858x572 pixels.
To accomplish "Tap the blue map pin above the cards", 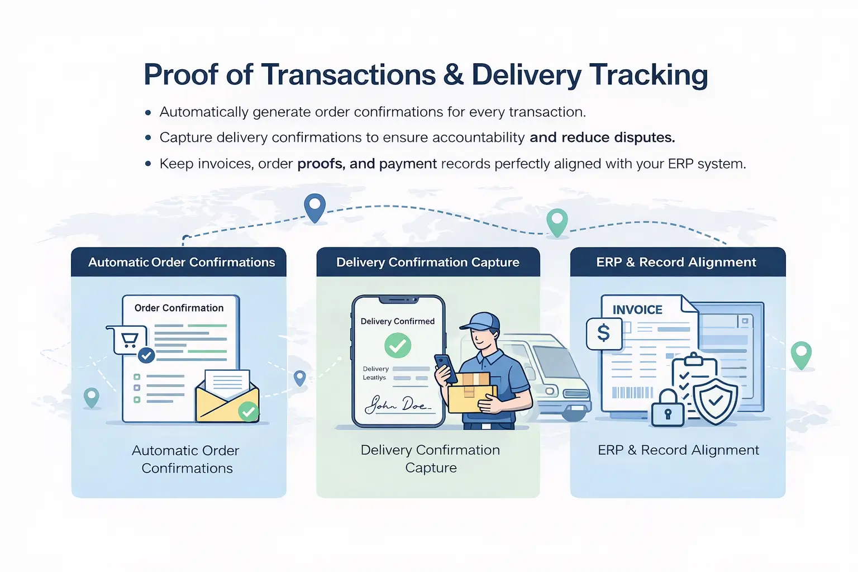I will pos(315,207).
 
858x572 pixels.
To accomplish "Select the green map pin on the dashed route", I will pos(557,221).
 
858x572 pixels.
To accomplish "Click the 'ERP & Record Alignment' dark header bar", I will pos(677,262).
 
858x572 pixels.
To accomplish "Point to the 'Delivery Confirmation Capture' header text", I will pos(428,262).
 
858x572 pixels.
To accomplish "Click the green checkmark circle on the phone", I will pos(398,345).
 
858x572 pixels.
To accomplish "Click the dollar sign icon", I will pos(604,333).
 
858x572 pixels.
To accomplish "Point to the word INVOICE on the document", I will pos(637,310).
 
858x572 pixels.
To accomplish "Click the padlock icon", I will pos(668,409).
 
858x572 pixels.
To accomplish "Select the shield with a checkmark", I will pos(716,401).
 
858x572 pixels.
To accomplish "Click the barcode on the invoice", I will pos(632,392).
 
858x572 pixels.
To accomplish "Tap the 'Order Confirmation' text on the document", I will pos(179,308).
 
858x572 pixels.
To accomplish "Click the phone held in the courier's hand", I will pos(445,367).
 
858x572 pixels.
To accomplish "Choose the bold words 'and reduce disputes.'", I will pos(602,137).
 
